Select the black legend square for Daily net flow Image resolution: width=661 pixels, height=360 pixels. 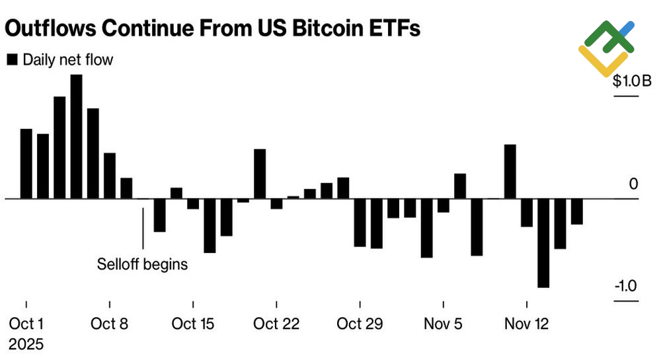pos(12,60)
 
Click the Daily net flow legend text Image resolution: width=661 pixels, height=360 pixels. pos(67,60)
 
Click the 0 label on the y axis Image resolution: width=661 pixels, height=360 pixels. pos(633,184)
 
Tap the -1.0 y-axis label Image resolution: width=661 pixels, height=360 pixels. pos(627,287)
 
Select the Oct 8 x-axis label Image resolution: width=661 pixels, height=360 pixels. pos(110,324)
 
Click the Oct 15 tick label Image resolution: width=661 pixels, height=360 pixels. pos(193,324)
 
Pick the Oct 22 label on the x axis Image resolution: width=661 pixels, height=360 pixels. pos(276,324)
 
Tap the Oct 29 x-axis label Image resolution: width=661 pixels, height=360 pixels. pos(360,324)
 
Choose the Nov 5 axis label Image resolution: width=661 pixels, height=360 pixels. pos(443,324)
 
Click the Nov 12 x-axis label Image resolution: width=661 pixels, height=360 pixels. pos(526,324)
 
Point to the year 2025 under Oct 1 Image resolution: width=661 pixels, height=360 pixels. pos(26,344)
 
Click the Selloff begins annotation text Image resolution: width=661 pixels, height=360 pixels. pos(143,264)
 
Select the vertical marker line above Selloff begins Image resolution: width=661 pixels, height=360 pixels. pos(143,228)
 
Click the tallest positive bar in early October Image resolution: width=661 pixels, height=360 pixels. pos(76,136)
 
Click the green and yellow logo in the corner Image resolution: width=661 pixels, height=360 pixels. pos(606,47)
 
